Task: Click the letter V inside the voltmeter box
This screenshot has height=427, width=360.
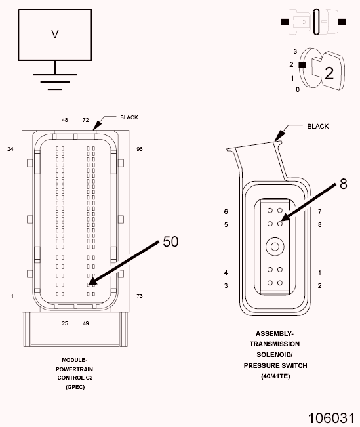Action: pos(55,34)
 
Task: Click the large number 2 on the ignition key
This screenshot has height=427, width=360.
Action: pos(329,73)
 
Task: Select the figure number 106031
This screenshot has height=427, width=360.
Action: pos(331,418)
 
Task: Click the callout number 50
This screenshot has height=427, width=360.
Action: pos(170,241)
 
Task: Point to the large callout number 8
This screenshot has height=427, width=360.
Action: pos(344,184)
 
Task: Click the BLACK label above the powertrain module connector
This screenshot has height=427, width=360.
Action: pos(129,117)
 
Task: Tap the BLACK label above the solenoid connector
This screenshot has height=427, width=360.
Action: pos(318,126)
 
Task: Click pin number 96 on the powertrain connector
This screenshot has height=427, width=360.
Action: pos(140,149)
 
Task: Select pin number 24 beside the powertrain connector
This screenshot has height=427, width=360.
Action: pos(10,149)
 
